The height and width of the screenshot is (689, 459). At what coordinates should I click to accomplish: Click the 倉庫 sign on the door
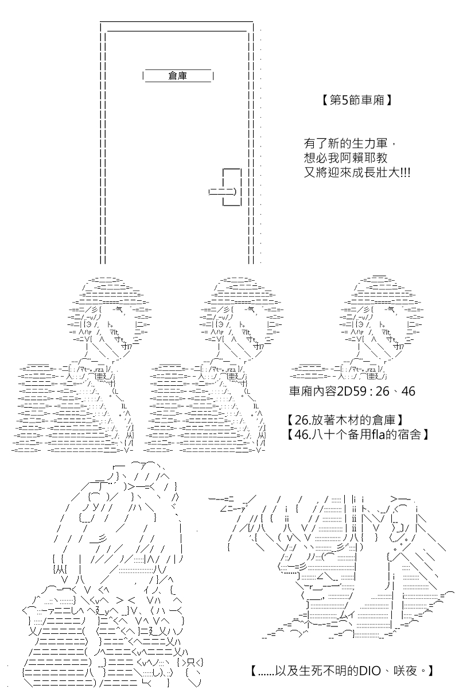(178, 76)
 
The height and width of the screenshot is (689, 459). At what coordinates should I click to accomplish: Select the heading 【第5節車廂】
(357, 100)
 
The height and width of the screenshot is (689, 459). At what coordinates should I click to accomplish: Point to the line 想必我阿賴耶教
(346, 158)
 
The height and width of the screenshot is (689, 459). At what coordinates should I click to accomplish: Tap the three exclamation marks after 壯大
(406, 173)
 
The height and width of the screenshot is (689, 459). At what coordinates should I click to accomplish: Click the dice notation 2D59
(352, 392)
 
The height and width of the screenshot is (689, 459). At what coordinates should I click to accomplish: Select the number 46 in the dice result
(409, 392)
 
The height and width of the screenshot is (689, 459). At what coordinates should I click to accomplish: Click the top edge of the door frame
(177, 22)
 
